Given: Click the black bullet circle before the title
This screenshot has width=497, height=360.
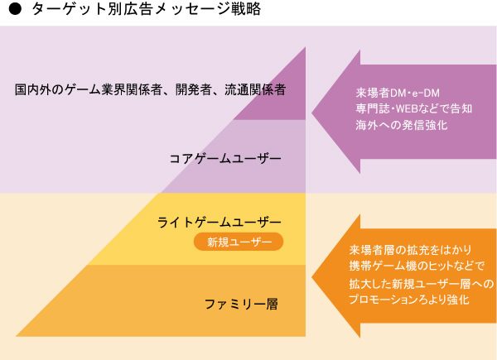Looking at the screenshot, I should coord(14,11).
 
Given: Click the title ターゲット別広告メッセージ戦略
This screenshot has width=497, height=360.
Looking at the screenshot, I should coord(145,11).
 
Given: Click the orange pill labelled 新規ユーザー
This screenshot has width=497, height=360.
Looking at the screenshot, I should coord(239,242).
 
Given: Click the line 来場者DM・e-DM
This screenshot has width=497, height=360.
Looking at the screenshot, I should coord(392,92).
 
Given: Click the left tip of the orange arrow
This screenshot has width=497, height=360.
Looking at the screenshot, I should coord(313,276).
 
